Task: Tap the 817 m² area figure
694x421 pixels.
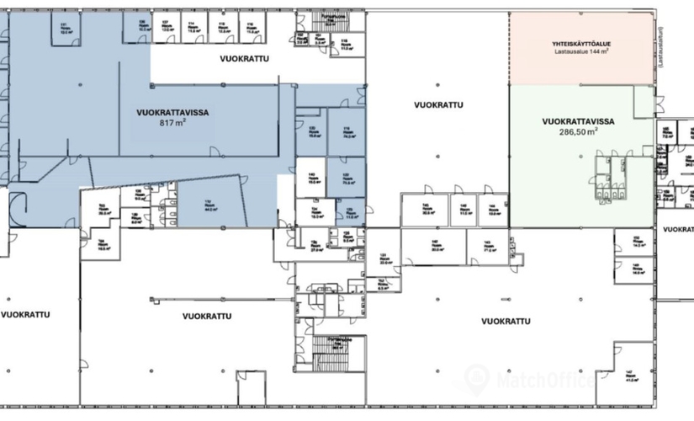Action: pyautogui.click(x=172, y=122)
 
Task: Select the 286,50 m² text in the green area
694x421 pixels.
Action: pyautogui.click(x=580, y=132)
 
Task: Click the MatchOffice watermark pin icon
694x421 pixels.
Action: pyautogui.click(x=477, y=376)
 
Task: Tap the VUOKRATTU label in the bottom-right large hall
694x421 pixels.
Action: pyautogui.click(x=506, y=321)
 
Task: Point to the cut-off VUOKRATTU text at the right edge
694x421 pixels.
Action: pyautogui.click(x=678, y=228)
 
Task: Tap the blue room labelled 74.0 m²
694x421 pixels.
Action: pyautogui.click(x=347, y=131)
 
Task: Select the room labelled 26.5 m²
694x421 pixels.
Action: pyautogui.click(x=106, y=211)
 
